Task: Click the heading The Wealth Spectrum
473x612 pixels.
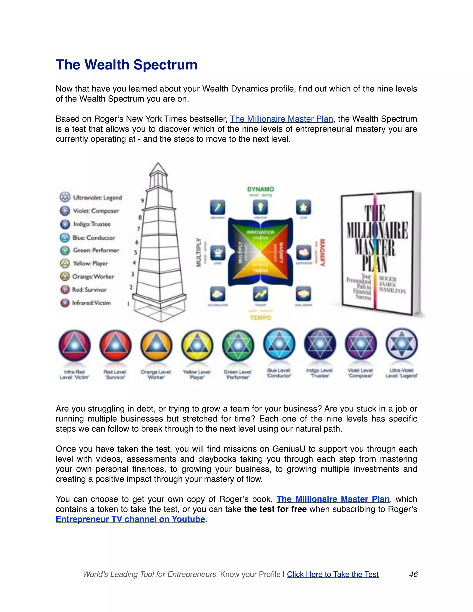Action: (x=126, y=65)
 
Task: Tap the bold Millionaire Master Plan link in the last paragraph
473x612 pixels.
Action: (x=333, y=499)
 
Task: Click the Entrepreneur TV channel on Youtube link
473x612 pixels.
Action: (x=130, y=519)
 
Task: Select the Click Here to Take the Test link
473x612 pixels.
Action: (x=333, y=574)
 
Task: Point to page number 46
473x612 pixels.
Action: (x=413, y=574)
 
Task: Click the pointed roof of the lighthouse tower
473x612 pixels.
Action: (x=158, y=169)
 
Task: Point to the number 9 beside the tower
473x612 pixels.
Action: (x=142, y=201)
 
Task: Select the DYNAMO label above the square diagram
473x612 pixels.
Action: (x=260, y=189)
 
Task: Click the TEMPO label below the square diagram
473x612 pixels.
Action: (x=260, y=318)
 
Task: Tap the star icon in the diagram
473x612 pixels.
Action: (x=303, y=208)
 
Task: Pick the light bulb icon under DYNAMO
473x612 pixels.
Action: (x=260, y=208)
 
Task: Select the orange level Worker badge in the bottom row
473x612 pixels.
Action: (x=156, y=345)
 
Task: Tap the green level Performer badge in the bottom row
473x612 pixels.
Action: (x=238, y=345)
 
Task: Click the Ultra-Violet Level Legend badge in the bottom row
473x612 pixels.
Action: (x=402, y=344)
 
